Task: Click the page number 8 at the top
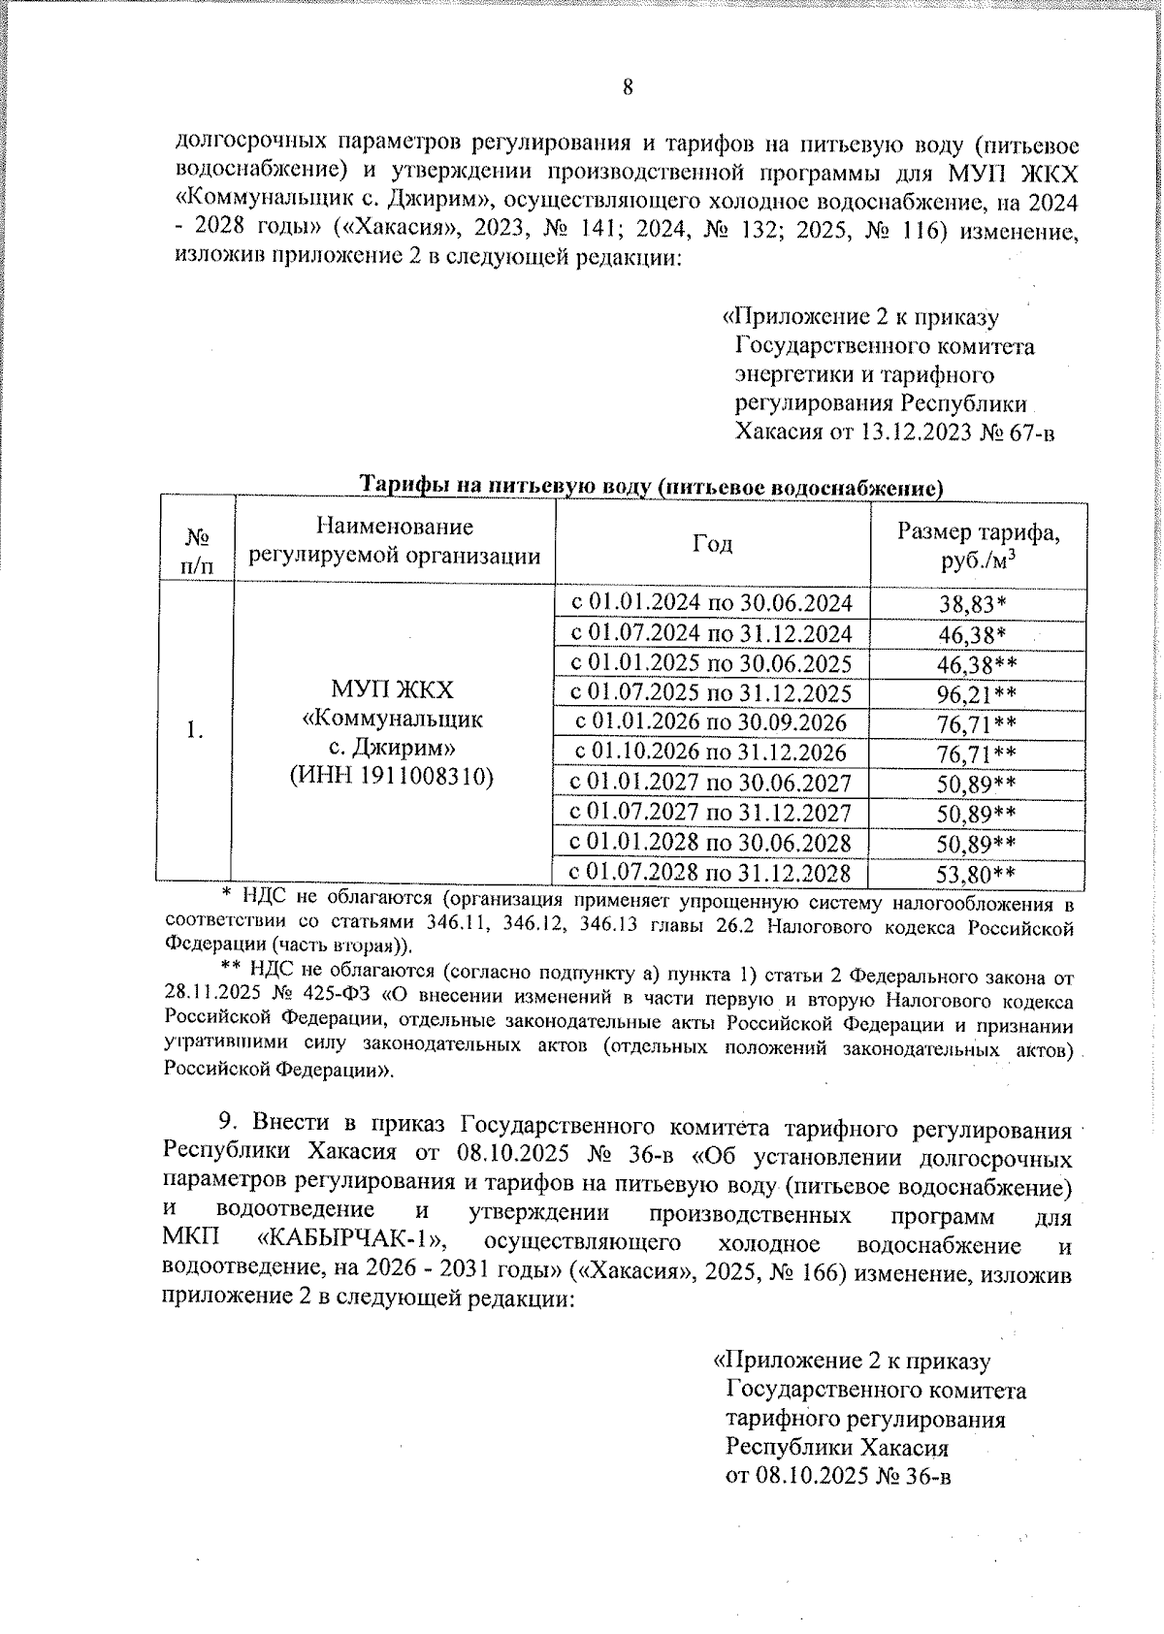pyautogui.click(x=628, y=88)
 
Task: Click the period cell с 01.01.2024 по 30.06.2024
pyautogui.click(x=711, y=603)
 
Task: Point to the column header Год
pyautogui.click(x=712, y=543)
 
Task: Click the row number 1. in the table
pyautogui.click(x=195, y=731)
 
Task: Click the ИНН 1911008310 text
pyautogui.click(x=392, y=776)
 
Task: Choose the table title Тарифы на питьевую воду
pyautogui.click(x=652, y=486)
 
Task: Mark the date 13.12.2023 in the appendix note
pyautogui.click(x=916, y=433)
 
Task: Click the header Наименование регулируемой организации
pyautogui.click(x=395, y=541)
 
